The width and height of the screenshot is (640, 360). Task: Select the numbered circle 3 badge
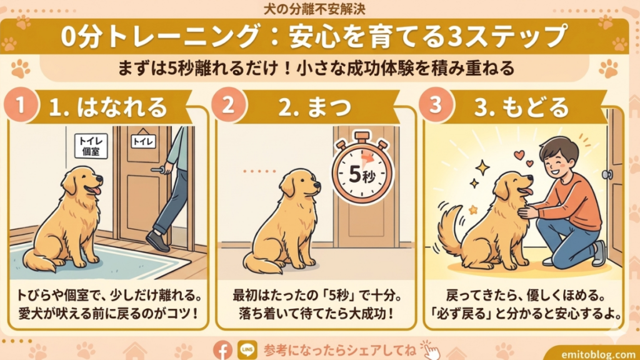point(436,104)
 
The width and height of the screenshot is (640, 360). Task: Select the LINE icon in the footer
point(245,349)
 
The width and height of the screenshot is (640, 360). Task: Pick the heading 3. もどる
point(521,107)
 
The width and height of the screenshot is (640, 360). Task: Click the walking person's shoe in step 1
point(157,240)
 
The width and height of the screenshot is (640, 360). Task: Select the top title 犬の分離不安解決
point(319,9)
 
